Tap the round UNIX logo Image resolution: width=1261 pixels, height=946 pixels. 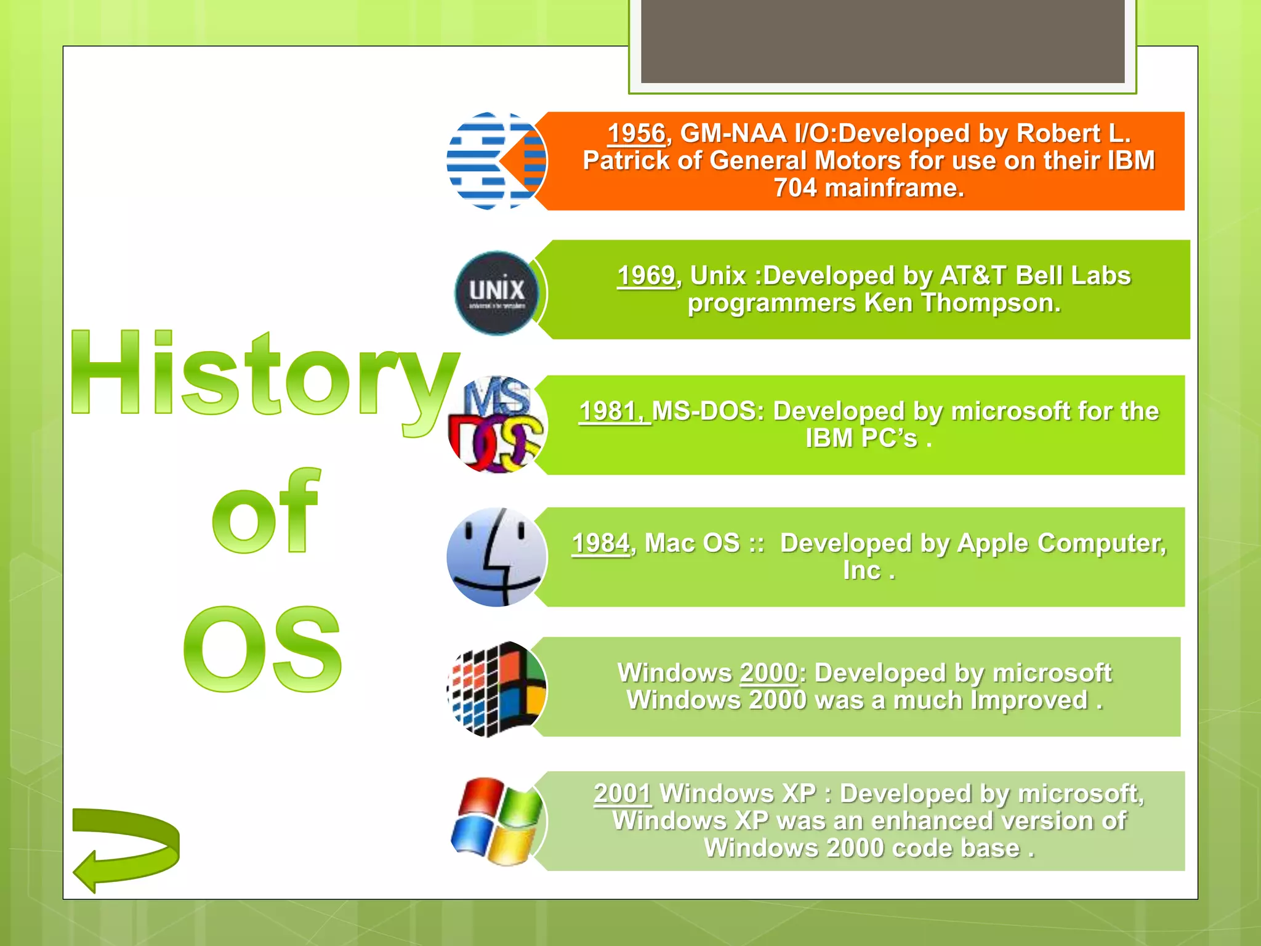(496, 293)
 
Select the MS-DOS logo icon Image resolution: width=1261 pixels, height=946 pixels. (496, 425)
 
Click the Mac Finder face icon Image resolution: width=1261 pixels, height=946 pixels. (496, 557)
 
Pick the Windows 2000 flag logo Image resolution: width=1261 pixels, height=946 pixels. (496, 689)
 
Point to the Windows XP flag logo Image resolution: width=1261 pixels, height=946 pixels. (496, 821)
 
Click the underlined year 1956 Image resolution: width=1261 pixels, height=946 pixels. (636, 134)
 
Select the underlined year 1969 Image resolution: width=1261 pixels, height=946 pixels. (646, 276)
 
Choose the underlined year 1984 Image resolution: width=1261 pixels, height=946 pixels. (601, 543)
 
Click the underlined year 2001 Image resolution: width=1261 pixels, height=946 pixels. (622, 793)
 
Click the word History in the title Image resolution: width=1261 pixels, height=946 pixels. (265, 376)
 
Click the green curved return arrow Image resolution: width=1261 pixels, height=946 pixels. (126, 847)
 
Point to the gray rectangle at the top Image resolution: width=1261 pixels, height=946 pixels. (882, 41)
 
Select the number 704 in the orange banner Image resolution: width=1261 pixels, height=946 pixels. (794, 188)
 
